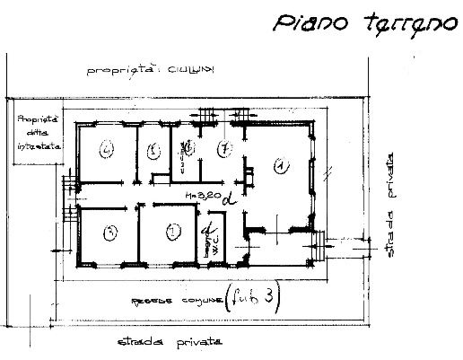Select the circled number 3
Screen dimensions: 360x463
tap(109, 233)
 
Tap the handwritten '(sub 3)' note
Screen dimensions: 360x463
tap(255, 299)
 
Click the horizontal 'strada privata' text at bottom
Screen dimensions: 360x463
tap(170, 343)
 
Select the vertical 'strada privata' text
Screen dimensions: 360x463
tap(392, 205)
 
